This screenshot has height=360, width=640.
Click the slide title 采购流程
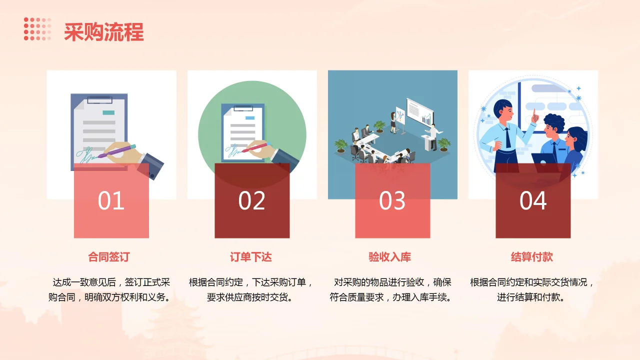104,31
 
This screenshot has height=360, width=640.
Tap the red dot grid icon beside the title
37,29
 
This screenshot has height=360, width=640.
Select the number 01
111,201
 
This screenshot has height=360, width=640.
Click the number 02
251,201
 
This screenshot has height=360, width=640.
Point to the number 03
392,201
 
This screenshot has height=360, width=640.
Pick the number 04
533,201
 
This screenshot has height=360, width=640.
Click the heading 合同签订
109,257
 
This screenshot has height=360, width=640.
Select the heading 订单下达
251,257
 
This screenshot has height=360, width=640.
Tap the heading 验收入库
390,257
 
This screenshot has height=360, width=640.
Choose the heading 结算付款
532,257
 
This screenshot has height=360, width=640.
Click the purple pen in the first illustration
118,151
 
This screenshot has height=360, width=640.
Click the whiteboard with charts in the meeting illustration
419,111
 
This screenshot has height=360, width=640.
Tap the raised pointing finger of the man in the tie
534,114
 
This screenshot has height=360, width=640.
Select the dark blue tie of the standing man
507,137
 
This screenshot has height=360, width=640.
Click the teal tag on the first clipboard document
108,112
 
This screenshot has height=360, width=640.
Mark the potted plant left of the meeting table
341,145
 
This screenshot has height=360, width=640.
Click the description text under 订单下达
251,289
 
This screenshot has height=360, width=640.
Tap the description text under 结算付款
532,289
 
